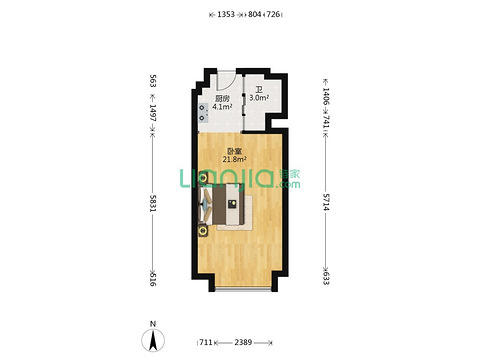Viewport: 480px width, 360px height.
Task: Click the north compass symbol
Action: [153, 340]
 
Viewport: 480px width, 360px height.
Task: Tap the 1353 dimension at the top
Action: [226, 14]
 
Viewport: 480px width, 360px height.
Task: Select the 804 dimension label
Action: [255, 14]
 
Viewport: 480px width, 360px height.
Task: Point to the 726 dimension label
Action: [273, 14]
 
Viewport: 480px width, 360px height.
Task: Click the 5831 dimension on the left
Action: [153, 203]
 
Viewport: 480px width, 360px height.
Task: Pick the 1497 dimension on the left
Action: [153, 113]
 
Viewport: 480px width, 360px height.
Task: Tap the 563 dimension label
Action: [153, 81]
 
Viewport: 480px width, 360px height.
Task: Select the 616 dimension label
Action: [153, 279]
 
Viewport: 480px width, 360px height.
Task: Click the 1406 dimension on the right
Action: [326, 97]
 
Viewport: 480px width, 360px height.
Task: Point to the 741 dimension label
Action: [326, 122]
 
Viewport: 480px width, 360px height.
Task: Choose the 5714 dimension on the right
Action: [326, 202]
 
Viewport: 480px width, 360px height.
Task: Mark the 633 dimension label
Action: [326, 278]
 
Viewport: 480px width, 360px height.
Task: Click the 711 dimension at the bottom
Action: [206, 342]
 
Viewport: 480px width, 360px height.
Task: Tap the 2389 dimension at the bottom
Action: [243, 342]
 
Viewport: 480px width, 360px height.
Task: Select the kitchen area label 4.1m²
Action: [222, 107]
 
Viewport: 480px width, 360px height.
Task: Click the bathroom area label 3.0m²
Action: [259, 98]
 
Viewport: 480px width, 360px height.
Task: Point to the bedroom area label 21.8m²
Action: [234, 159]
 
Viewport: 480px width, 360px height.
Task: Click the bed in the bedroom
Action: [222, 204]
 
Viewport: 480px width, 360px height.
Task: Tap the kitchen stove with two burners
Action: [203, 113]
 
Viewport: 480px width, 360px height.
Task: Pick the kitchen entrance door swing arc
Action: [233, 84]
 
